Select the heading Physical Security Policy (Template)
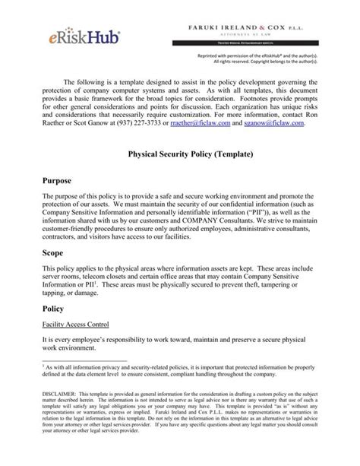(x=179, y=153)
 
